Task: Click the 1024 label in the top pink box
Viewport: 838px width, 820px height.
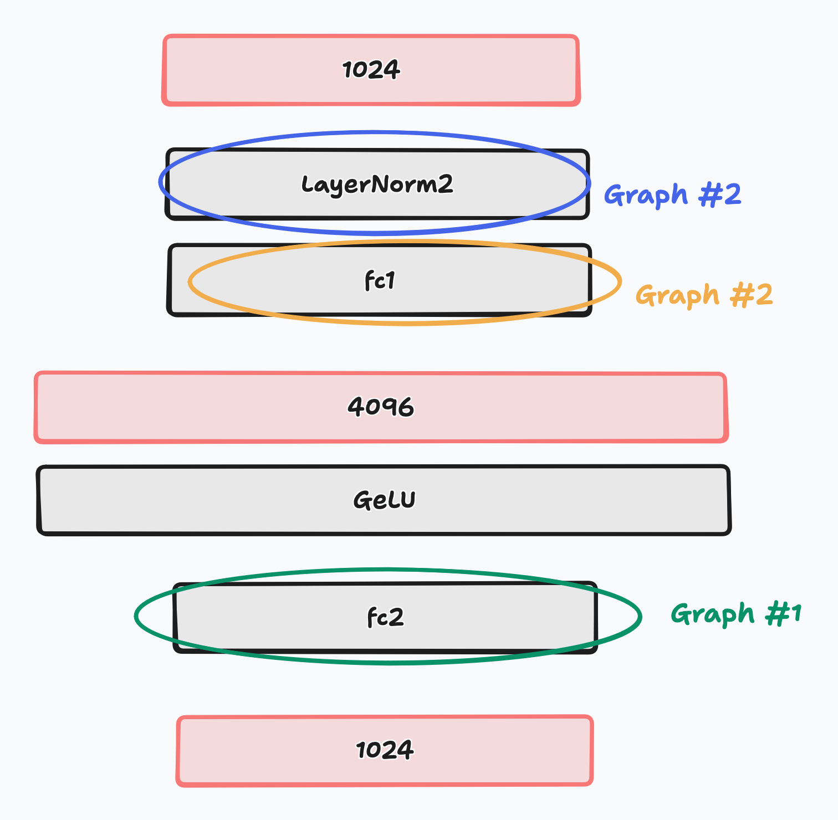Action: [371, 70]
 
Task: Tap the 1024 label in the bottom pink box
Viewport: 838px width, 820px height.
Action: [385, 750]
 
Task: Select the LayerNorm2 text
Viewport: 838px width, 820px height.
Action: [377, 184]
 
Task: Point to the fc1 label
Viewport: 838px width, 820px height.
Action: [380, 281]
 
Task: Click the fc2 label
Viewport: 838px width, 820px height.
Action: [386, 617]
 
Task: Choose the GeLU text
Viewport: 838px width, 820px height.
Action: [384, 500]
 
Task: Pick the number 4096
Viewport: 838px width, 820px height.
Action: [381, 407]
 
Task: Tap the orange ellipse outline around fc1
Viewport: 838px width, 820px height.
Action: [620, 283]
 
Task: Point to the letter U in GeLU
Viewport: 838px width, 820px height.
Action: [407, 500]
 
